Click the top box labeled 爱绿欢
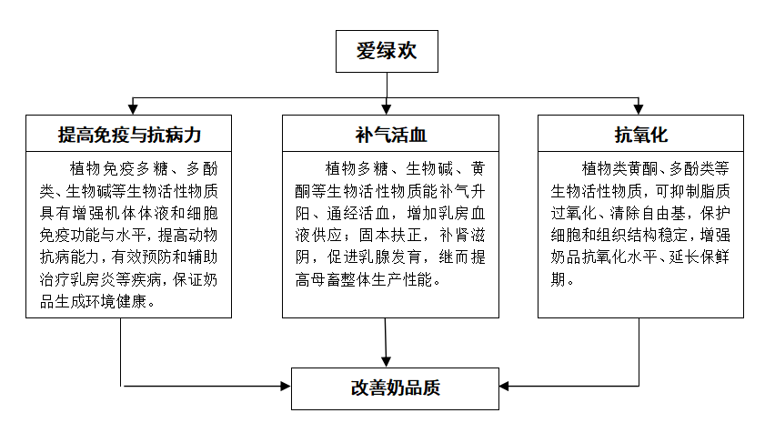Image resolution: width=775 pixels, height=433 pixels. (387, 51)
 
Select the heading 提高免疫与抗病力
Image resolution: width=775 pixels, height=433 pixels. (129, 135)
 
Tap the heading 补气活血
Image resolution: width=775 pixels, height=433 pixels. (390, 135)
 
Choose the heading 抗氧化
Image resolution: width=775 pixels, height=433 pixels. (641, 135)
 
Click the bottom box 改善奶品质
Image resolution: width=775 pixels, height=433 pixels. (395, 387)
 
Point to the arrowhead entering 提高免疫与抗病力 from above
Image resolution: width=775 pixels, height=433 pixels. (135, 109)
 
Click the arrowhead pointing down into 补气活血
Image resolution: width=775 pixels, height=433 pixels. (388, 109)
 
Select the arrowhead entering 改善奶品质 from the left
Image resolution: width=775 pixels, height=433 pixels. (283, 387)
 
